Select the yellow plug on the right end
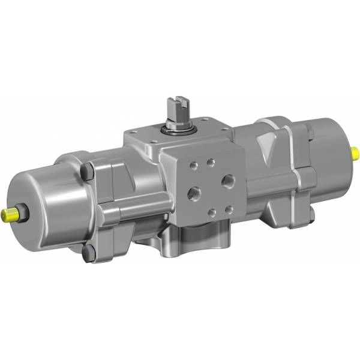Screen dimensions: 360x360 355,151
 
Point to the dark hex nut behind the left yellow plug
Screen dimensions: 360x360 23,212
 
